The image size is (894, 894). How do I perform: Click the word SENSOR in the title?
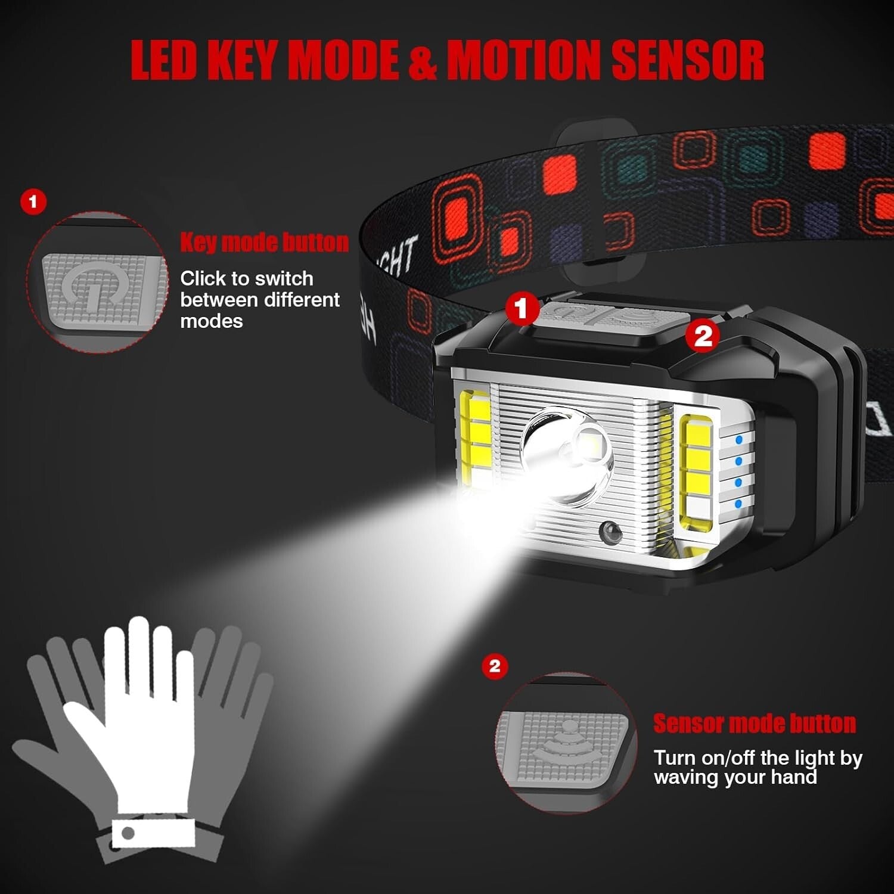click(688, 60)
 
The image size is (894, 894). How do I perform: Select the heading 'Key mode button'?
click(264, 243)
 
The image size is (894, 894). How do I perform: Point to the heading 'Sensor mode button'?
click(755, 723)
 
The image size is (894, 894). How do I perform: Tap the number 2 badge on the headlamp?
click(703, 336)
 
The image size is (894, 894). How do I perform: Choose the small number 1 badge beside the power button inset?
click(33, 202)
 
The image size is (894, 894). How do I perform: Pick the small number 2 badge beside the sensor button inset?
click(495, 666)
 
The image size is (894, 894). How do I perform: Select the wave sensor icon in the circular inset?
click(563, 742)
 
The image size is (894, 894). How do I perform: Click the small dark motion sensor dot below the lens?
click(610, 529)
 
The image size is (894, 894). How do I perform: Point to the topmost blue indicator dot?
click(739, 440)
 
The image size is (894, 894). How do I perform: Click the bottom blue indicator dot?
click(738, 504)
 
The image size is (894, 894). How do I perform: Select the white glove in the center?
click(143, 715)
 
